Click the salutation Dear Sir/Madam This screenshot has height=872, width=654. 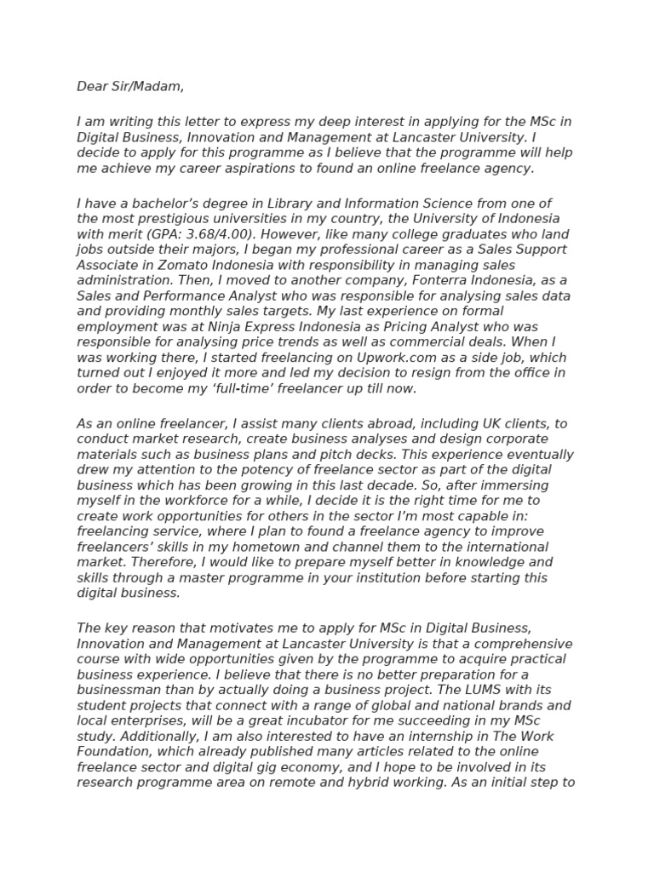129,86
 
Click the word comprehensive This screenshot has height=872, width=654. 513,644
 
